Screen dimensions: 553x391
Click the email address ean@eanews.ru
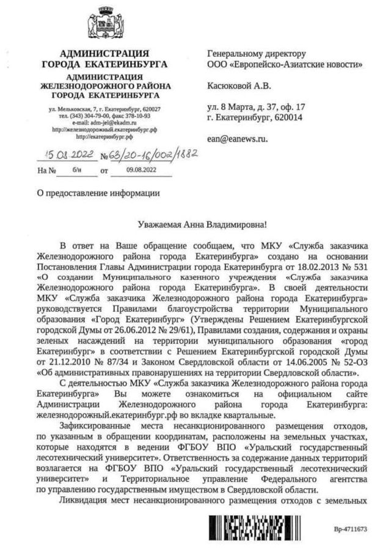coord(238,139)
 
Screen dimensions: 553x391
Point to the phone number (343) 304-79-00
coord(91,115)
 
